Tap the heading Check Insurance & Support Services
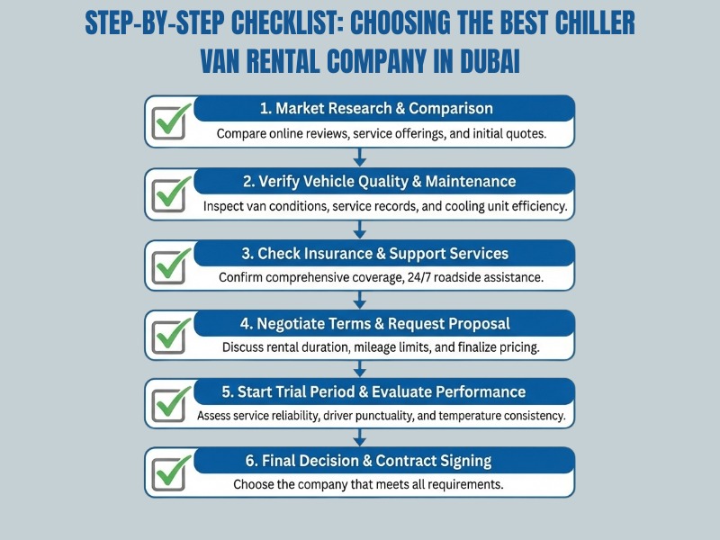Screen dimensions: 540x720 click(382, 253)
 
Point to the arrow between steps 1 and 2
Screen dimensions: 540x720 click(360, 157)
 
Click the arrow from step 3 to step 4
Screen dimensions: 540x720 click(360, 299)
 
